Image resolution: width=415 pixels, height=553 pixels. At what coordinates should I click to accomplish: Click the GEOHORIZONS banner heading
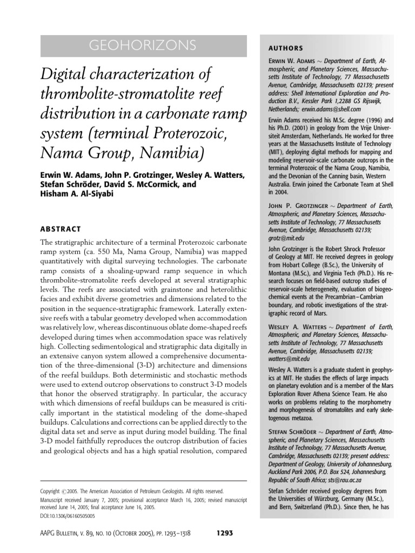click(144, 45)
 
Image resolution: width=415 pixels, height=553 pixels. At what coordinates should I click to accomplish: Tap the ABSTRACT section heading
click(61, 228)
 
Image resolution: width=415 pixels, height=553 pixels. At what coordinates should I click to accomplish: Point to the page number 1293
click(224, 532)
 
